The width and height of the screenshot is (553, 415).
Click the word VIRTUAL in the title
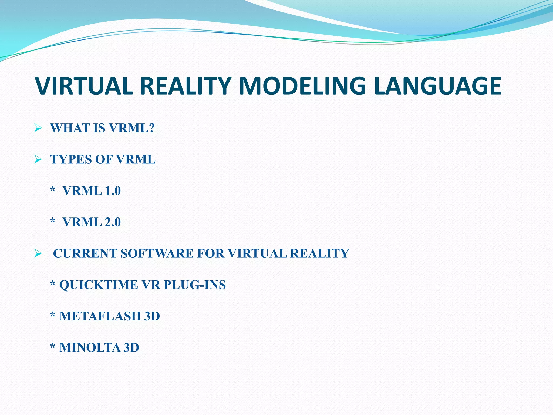[84, 86]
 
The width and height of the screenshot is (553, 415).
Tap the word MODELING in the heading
[302, 86]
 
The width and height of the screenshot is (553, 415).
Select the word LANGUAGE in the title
[437, 86]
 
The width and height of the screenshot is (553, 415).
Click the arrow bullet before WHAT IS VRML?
[38, 128]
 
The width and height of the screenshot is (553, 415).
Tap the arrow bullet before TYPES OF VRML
[38, 159]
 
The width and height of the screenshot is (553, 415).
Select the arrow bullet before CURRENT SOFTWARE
[38, 253]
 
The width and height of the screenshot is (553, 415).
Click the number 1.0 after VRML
[113, 191]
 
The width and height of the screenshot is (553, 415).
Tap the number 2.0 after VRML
[113, 222]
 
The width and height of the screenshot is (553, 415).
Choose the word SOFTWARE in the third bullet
[157, 253]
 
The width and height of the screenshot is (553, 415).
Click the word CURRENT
[85, 253]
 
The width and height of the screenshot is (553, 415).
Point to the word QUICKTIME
[99, 285]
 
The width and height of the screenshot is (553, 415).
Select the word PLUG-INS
[195, 285]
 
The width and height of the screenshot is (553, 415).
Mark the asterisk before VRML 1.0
[53, 190]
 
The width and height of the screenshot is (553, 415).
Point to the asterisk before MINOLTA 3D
[53, 346]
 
